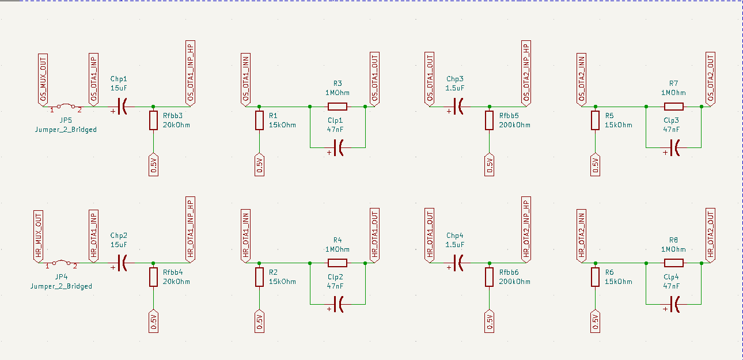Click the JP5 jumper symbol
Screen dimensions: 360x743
coord(65,107)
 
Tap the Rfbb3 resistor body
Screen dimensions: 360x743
coord(153,120)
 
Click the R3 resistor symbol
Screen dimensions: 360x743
coord(338,107)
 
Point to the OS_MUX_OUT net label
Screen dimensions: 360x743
coord(43,78)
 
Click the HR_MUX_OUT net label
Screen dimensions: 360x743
coord(39,234)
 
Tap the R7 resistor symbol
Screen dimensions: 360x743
coord(673,107)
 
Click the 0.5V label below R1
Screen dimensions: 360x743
coord(259,165)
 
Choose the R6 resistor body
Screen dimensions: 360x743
coord(595,277)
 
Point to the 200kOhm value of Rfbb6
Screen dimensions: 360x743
coord(515,282)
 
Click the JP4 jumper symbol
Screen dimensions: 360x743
coord(60,263)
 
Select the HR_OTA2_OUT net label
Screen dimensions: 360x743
coord(710,234)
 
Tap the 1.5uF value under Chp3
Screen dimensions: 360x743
coord(454,88)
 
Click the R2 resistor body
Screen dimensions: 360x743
coord(259,277)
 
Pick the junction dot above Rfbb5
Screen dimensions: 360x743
coord(490,107)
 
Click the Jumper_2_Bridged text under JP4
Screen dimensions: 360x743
coord(61,286)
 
